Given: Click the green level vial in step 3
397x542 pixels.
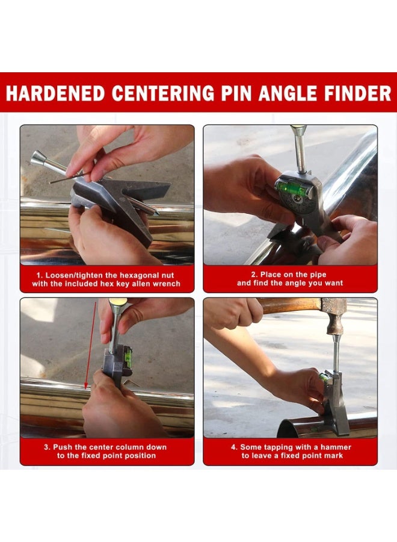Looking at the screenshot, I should pos(128,355).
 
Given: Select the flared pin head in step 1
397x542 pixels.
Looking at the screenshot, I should pos(38,158).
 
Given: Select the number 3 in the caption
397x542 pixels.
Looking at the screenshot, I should pos(46,447).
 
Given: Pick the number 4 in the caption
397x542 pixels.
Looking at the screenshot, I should pos(233,447).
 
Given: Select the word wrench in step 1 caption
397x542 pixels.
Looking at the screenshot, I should pos(166,284).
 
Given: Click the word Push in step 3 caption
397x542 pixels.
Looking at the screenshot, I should pos(63,447).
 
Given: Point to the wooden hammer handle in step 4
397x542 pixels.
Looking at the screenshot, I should pos(283,306).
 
